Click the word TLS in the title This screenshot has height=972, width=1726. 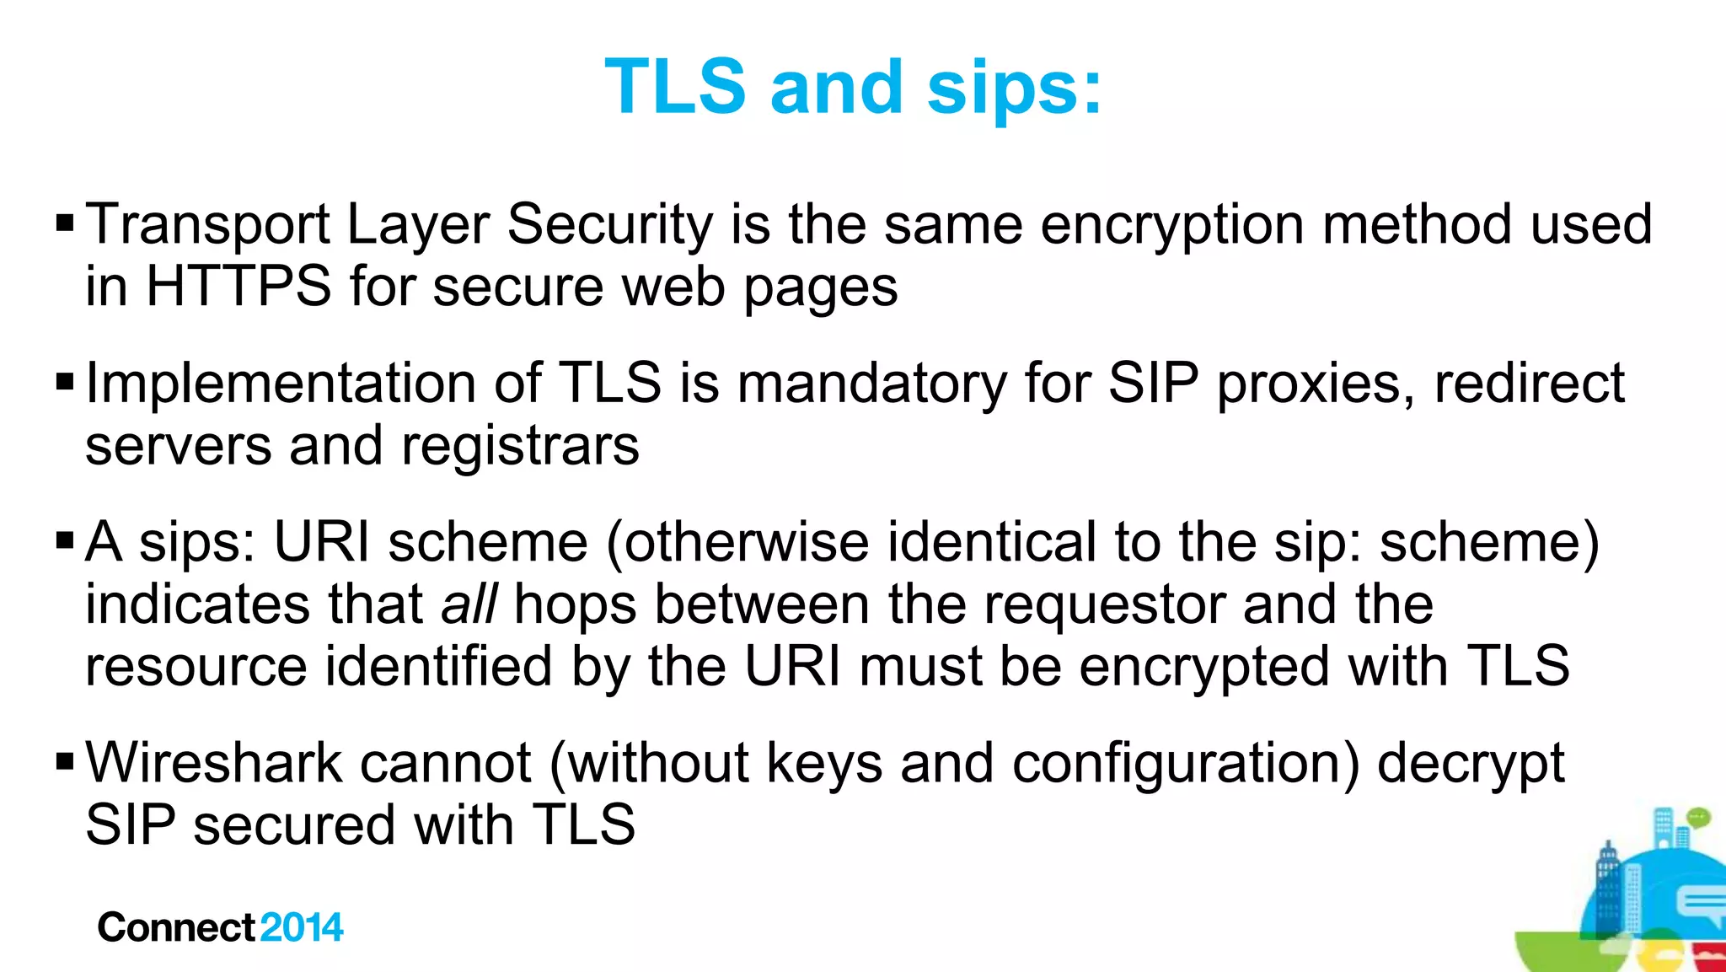(675, 87)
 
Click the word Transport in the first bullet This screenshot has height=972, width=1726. (207, 225)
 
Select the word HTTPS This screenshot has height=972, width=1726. (239, 287)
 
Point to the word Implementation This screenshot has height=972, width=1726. (281, 384)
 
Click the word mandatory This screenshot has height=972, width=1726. (871, 384)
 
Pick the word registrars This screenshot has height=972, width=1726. (520, 446)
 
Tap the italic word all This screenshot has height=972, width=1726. (469, 604)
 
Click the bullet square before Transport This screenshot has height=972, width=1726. (65, 224)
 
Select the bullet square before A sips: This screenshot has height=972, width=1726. (65, 541)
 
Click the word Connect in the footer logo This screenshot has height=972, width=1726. (175, 927)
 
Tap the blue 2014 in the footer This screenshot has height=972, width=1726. (302, 927)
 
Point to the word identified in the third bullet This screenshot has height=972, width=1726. (438, 667)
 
